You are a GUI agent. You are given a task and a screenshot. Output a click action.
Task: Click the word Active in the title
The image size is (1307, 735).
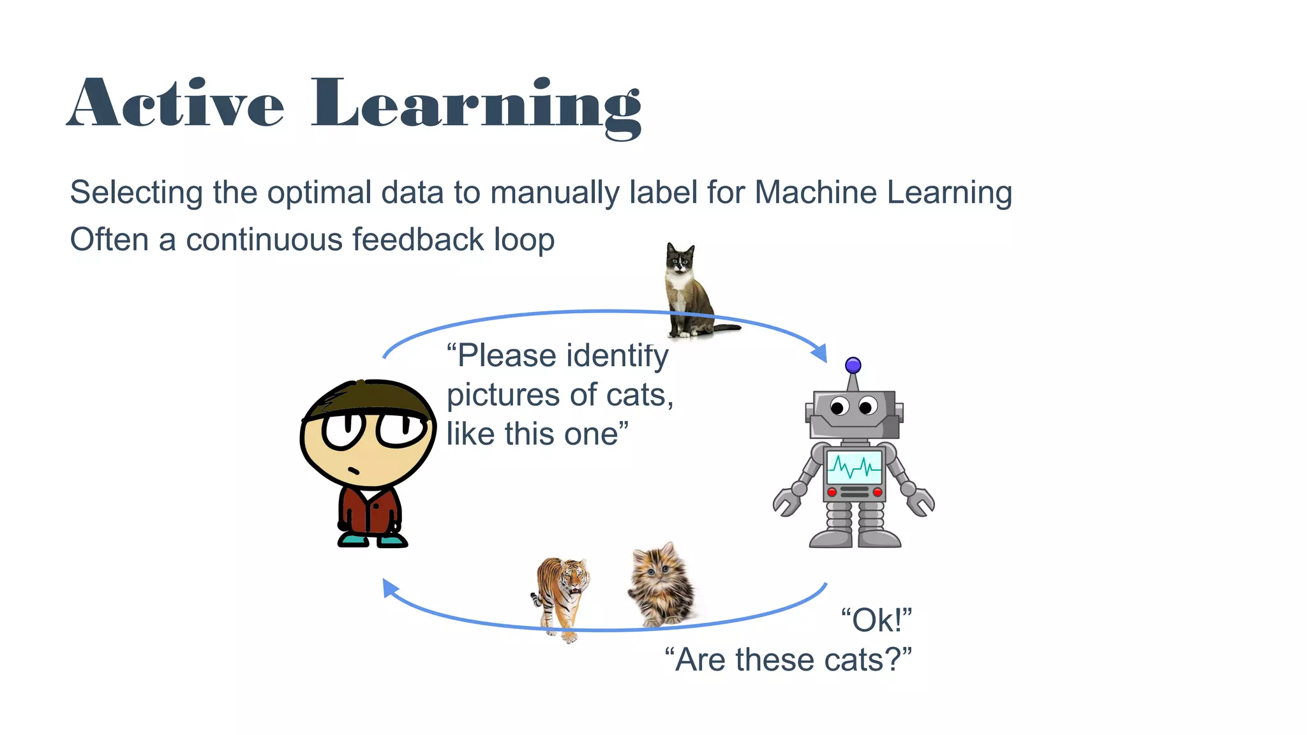tap(176, 104)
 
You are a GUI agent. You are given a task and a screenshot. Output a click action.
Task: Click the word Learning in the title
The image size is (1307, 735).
tap(475, 105)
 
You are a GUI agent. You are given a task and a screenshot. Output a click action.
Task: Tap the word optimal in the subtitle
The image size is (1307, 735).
tap(319, 193)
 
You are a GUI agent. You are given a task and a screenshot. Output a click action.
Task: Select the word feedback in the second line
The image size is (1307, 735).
tap(418, 241)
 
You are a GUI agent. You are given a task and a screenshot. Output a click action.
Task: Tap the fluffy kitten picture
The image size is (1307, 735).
tap(662, 586)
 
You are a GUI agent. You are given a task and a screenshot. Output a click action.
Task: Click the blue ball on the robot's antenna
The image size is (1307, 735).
tap(853, 366)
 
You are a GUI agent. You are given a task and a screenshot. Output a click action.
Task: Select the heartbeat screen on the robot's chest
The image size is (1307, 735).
tap(855, 468)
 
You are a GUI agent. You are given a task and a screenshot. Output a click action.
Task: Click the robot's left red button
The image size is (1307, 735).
tap(832, 492)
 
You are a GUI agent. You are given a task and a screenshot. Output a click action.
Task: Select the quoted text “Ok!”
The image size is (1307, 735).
tap(876, 621)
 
